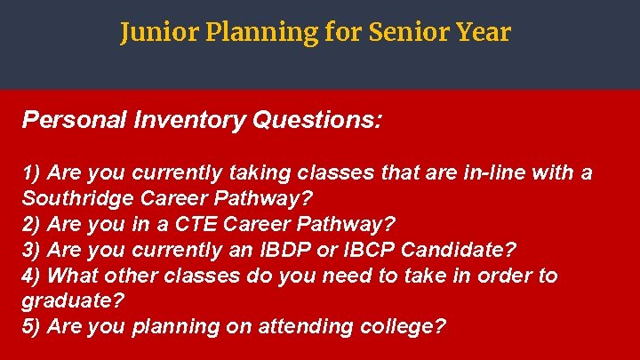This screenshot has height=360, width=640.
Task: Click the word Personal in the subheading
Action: [75, 120]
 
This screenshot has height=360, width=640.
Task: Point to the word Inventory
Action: [189, 120]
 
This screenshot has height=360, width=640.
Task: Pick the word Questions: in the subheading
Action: [318, 120]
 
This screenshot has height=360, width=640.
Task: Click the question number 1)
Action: [32, 172]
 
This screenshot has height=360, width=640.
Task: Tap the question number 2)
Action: [32, 223]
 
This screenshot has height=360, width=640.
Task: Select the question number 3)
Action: [32, 249]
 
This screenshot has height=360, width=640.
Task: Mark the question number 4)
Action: [32, 275]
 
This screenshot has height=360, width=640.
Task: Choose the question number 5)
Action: [32, 326]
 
